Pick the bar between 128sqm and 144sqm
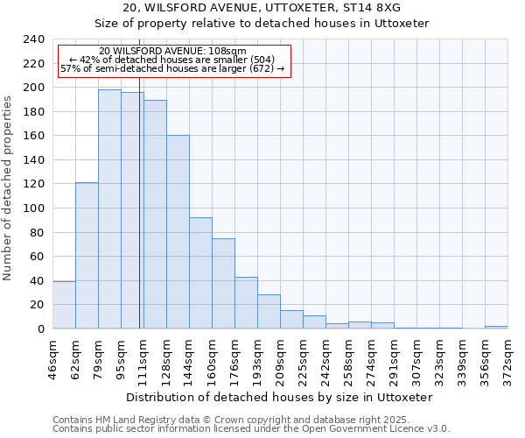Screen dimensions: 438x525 coord(178,231)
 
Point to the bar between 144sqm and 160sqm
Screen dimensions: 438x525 coord(200,272)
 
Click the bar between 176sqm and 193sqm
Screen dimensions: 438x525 coord(246,302)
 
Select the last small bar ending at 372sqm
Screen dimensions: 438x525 coord(496,327)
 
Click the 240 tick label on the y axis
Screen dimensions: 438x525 coord(33,39)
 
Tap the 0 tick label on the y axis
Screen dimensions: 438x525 coord(40,328)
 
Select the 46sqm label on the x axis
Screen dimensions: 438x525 coord(52,357)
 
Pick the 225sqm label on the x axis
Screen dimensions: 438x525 coord(303,357)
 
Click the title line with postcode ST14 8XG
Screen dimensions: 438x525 coord(262,7)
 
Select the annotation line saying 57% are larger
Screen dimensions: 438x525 coord(172,69)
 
